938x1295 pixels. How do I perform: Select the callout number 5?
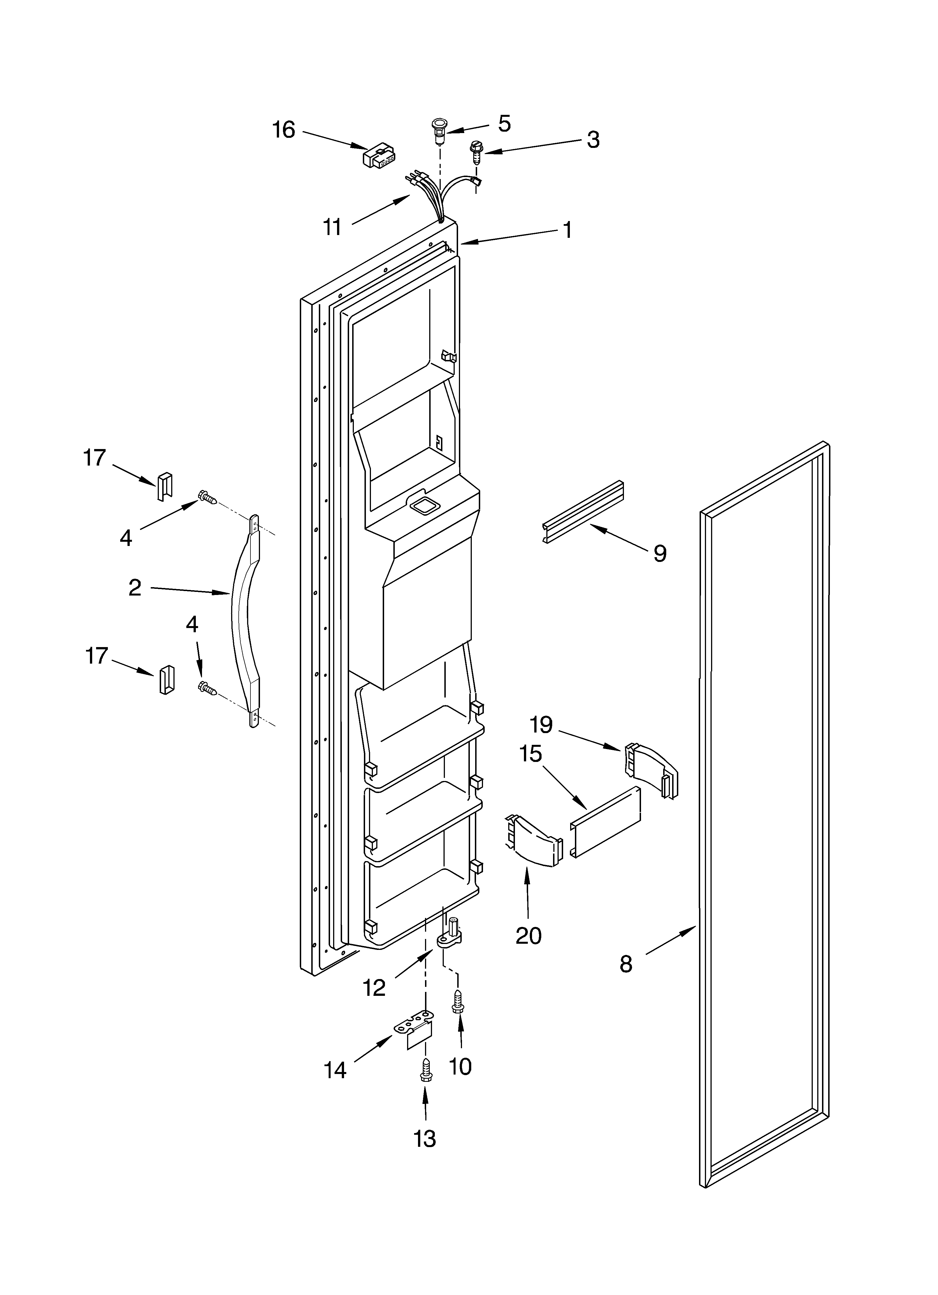point(504,123)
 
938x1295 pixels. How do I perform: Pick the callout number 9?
point(660,553)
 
